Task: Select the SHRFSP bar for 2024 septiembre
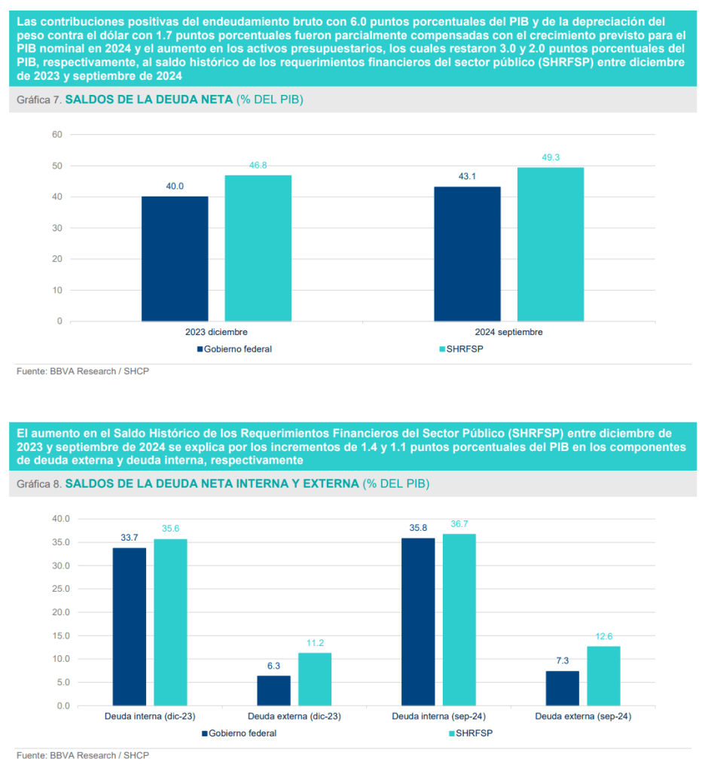(x=550, y=244)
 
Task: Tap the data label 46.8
(x=258, y=165)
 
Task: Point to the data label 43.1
(x=467, y=176)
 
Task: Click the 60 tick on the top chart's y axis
(x=56, y=134)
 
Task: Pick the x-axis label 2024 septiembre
(x=508, y=331)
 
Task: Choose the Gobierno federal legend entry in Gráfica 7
(x=234, y=349)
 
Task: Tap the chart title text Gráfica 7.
(x=41, y=100)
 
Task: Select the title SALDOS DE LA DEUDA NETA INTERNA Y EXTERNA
(x=212, y=484)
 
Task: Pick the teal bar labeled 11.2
(x=315, y=679)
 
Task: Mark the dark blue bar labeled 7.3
(x=563, y=688)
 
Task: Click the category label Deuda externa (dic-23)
(x=294, y=717)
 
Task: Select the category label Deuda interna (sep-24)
(x=438, y=717)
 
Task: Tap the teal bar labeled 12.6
(x=604, y=676)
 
